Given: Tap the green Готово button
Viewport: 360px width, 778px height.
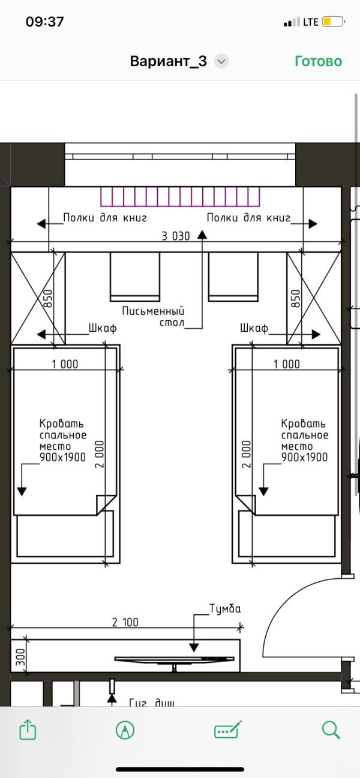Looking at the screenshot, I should point(318,61).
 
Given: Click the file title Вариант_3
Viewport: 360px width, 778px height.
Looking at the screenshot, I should point(169,61).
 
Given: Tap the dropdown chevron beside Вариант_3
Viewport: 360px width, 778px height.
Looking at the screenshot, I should point(221,61).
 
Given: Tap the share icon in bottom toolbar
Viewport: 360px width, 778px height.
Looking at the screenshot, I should point(28,729).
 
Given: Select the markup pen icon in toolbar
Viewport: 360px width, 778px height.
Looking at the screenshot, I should point(125,729).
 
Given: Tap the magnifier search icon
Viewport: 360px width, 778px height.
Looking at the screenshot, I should point(331,729).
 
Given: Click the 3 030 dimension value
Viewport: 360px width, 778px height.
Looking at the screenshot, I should point(176,236).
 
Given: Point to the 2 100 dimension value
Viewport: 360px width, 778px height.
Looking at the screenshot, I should point(125,622).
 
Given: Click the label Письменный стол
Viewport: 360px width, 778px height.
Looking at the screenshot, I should point(153,317).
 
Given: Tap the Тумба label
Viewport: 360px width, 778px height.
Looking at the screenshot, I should point(225,609).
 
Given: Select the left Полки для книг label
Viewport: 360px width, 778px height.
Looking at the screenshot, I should point(105,218).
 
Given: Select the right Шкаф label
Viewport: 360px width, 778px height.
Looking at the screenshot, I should point(253,328).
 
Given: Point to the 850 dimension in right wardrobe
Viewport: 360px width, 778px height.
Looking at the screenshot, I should point(295,298).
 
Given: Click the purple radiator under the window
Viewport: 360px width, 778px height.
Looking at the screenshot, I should point(181,197).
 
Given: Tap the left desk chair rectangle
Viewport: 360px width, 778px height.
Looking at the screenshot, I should point(135,277).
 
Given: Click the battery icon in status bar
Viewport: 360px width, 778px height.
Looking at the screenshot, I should point(333,22).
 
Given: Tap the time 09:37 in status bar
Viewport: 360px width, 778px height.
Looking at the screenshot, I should point(44,22).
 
